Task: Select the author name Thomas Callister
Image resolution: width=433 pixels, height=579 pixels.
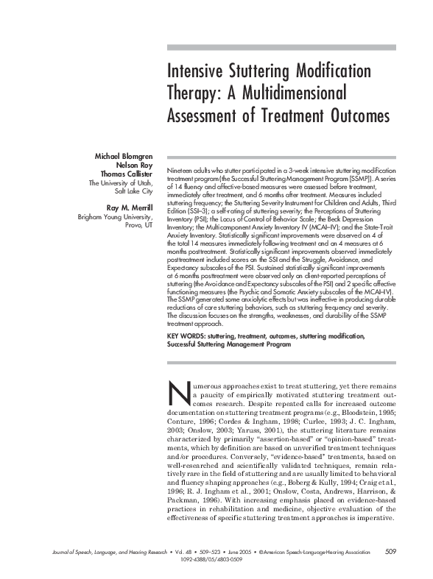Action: pyautogui.click(x=126, y=175)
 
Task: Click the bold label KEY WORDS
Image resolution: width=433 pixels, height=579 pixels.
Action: pyautogui.click(x=187, y=335)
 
